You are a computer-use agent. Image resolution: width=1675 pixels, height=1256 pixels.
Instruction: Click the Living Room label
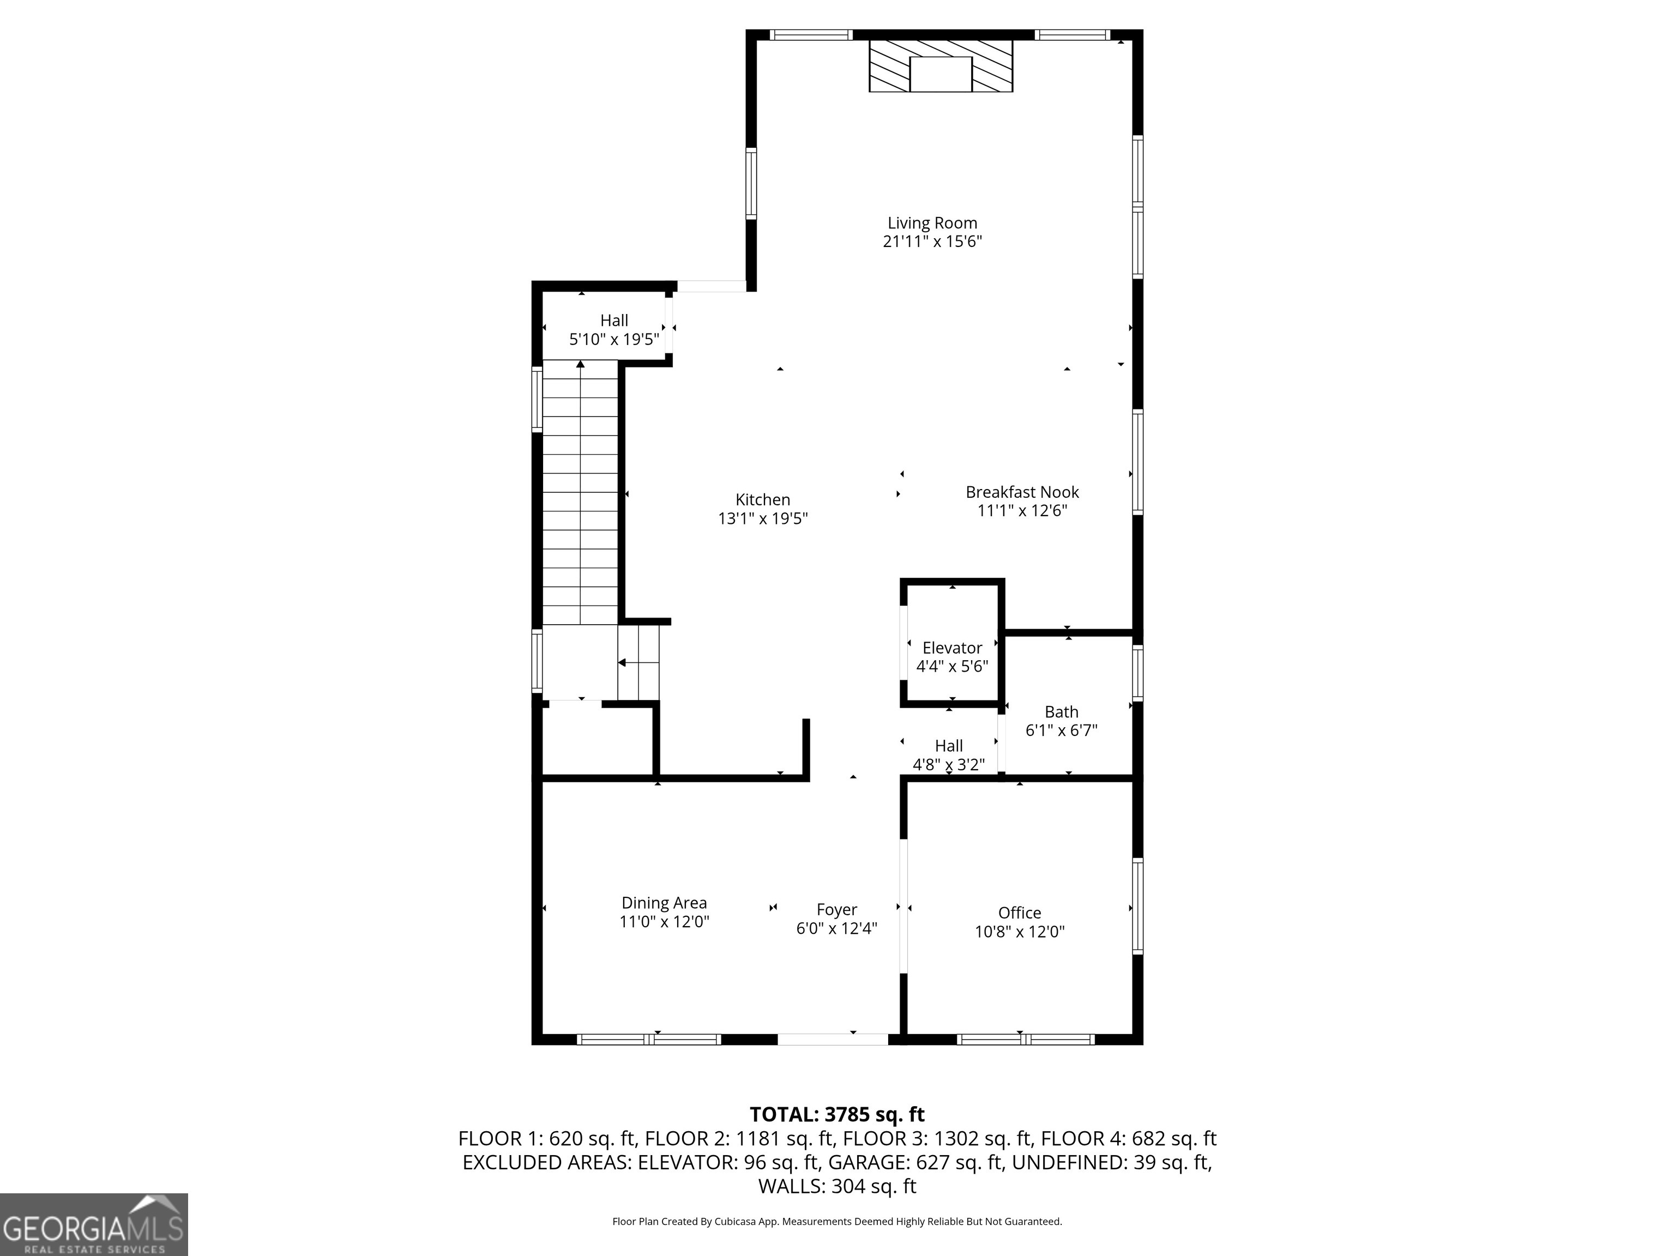932,224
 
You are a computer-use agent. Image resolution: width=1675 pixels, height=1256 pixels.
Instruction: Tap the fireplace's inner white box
941,74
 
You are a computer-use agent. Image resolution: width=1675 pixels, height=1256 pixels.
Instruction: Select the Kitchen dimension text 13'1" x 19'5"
763,518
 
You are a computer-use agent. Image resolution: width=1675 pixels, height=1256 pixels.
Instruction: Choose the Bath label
1061,711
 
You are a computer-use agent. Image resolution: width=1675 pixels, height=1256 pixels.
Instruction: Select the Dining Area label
664,902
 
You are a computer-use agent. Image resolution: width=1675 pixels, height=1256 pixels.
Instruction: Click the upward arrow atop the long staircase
580,365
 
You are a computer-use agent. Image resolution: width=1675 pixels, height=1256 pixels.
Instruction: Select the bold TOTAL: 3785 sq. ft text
837,1114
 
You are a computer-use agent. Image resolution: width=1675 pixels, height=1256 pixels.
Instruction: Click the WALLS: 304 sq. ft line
837,1186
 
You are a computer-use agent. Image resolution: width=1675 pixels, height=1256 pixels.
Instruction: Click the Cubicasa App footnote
837,1221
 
